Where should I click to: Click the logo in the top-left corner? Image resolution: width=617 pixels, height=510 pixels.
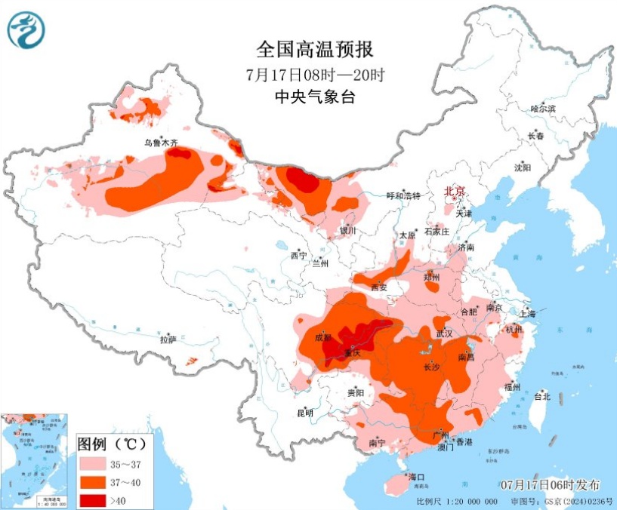point(26,29)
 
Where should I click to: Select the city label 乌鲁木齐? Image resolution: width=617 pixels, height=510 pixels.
point(161,142)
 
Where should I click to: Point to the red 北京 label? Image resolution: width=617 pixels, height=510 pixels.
point(454,191)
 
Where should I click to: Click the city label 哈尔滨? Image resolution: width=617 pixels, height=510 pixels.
point(542,109)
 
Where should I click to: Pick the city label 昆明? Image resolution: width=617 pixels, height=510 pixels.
point(304,413)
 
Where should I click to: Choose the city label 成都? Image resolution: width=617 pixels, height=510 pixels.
point(322,337)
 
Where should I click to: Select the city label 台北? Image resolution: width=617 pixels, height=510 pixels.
point(542,396)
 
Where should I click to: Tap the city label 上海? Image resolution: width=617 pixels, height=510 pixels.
point(526,314)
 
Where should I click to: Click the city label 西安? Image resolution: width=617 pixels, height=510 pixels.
point(378,287)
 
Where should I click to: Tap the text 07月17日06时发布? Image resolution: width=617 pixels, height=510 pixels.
point(551,484)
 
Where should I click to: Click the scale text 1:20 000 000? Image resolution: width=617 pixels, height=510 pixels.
point(468,501)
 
